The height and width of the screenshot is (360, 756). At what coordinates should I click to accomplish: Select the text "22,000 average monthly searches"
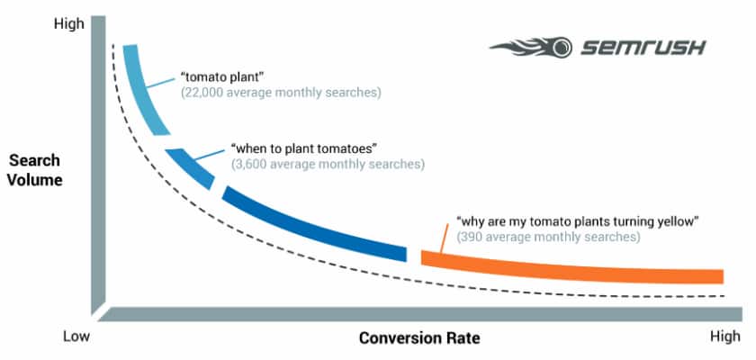click(x=281, y=92)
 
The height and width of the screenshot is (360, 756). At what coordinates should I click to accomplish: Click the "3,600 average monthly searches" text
click(x=327, y=165)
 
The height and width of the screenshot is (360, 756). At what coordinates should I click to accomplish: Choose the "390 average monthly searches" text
click(x=548, y=238)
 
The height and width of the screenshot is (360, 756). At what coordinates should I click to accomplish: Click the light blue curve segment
click(x=144, y=90)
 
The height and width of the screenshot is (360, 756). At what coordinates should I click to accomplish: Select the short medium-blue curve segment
click(x=193, y=166)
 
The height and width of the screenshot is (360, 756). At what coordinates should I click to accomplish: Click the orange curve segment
click(x=576, y=266)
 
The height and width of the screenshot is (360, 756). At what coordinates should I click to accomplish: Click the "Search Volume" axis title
click(x=35, y=170)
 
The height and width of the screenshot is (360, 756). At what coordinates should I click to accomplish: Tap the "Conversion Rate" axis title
click(x=419, y=338)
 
